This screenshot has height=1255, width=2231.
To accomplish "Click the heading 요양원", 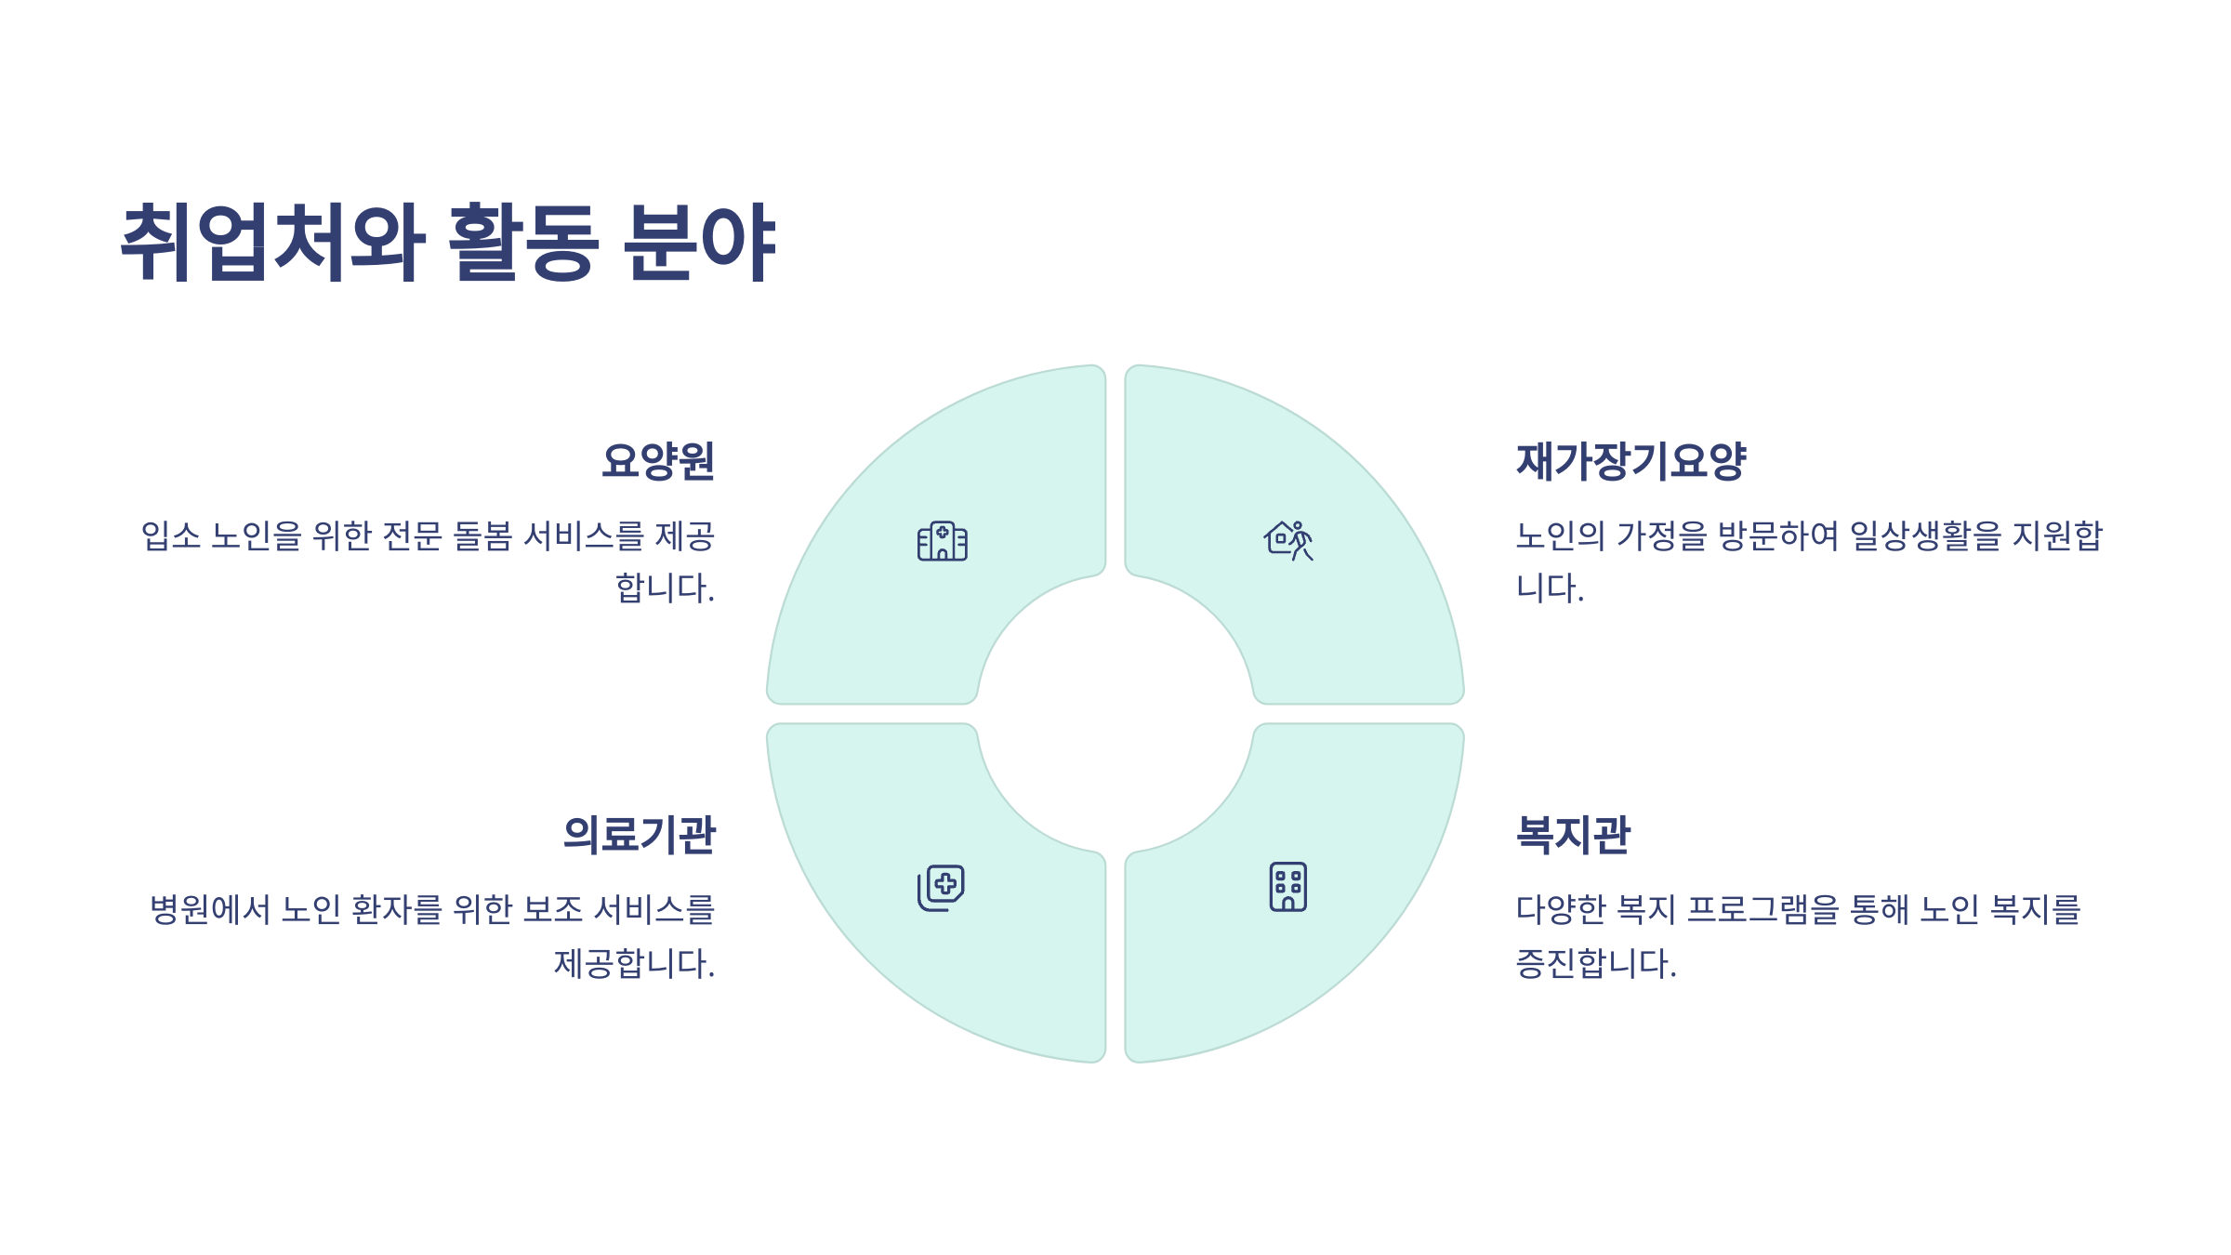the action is tap(658, 461).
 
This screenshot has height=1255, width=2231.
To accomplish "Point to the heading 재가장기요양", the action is tap(1631, 461).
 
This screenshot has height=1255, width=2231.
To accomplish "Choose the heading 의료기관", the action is tap(640, 834).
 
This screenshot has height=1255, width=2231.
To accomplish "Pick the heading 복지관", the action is tap(1573, 834).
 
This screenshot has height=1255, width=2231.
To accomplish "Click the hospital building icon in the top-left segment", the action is tap(942, 541).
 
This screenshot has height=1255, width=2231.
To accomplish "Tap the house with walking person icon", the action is tap(1288, 540).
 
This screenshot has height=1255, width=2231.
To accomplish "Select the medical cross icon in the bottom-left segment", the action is tap(941, 888).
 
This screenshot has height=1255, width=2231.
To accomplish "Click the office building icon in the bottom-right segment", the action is tap(1288, 887).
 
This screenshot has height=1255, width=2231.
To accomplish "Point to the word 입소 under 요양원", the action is tap(171, 535).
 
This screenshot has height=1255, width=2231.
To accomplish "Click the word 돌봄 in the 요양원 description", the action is tap(482, 535).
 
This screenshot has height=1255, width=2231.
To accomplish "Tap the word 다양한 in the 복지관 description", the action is tap(1561, 909).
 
